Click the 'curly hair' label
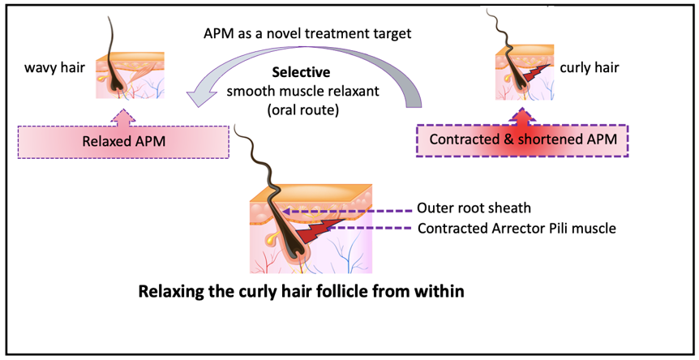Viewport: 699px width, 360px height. (x=589, y=67)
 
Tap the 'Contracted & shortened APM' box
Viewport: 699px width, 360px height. (x=523, y=139)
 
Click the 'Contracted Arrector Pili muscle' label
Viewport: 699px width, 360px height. (x=517, y=228)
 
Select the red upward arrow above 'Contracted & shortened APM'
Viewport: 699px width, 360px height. (x=523, y=117)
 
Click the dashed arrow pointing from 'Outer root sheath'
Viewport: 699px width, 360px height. (x=349, y=208)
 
